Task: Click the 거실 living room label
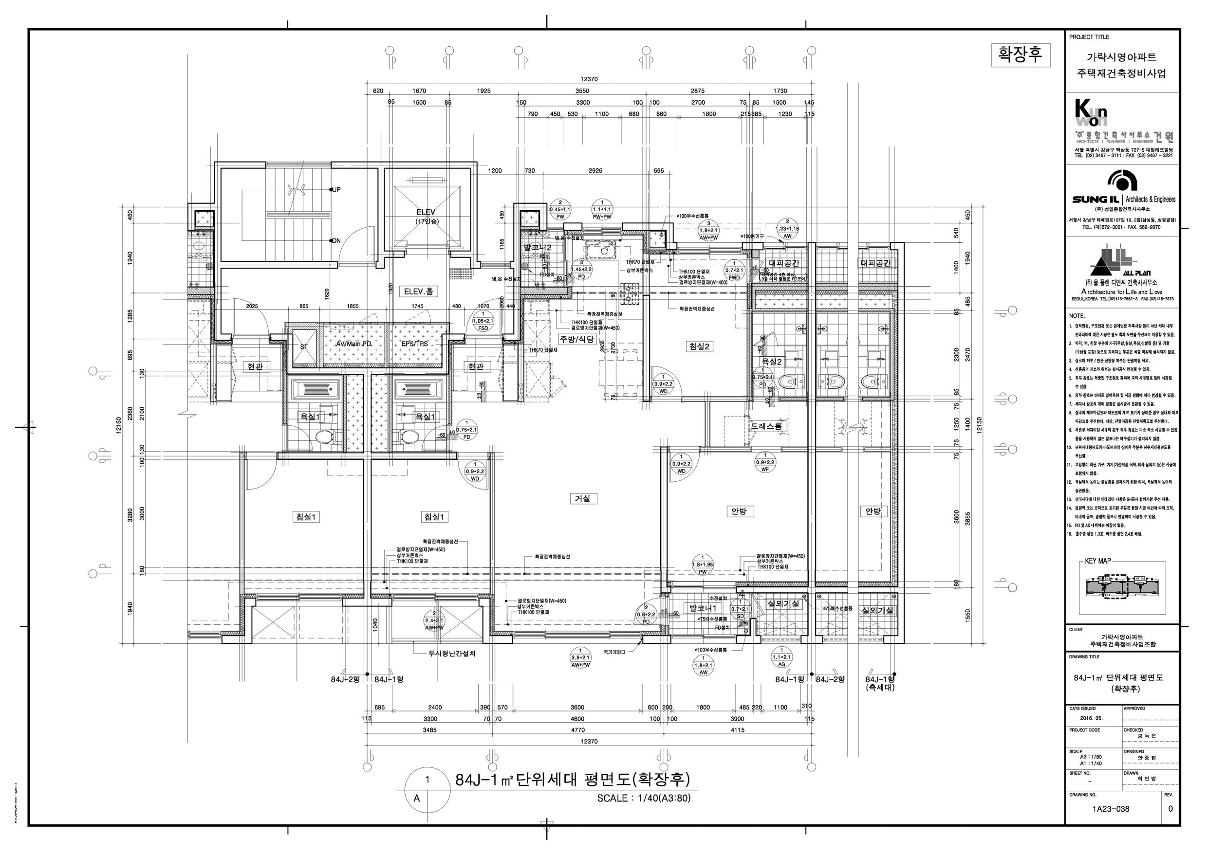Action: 582,498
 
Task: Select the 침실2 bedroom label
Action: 699,346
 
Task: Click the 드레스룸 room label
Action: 766,426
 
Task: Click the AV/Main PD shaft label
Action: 353,344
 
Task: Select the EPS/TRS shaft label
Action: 414,344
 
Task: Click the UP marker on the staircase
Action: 337,189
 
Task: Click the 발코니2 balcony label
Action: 537,248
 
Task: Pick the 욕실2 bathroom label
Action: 772,362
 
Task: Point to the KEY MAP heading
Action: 1097,561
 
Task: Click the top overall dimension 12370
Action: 589,79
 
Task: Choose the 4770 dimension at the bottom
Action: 577,730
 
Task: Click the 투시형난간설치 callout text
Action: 452,654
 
